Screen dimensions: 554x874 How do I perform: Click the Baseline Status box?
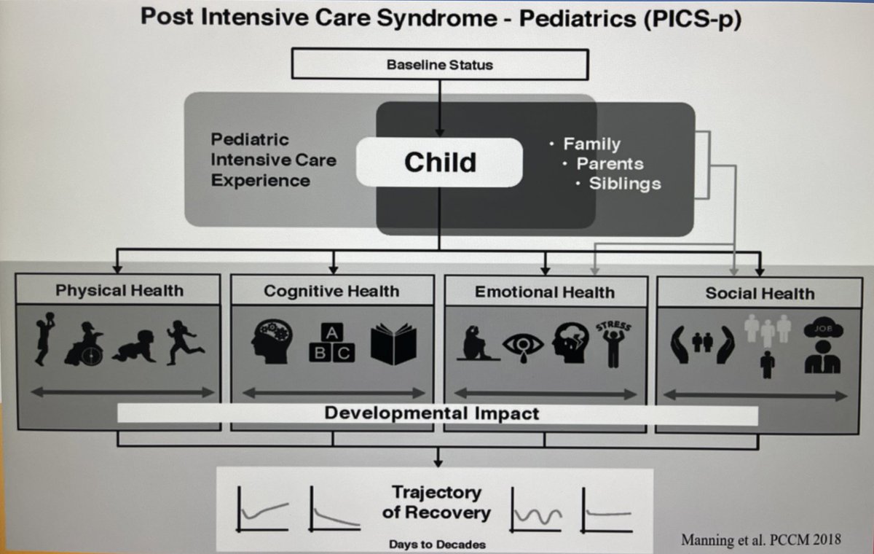tap(438, 65)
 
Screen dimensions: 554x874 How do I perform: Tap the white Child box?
tap(439, 162)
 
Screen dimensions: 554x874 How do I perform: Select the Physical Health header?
tap(119, 291)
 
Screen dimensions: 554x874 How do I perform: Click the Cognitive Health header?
tap(331, 292)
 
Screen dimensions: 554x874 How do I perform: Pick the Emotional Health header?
tap(544, 292)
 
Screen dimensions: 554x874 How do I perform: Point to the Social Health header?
tap(759, 294)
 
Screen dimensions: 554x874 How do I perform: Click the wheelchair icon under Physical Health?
tap(84, 343)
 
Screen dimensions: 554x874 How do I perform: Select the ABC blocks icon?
tap(333, 343)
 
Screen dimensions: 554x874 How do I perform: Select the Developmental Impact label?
tap(432, 414)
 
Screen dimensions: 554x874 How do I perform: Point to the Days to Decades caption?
tap(437, 544)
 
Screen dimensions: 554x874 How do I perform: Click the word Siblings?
tap(624, 183)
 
